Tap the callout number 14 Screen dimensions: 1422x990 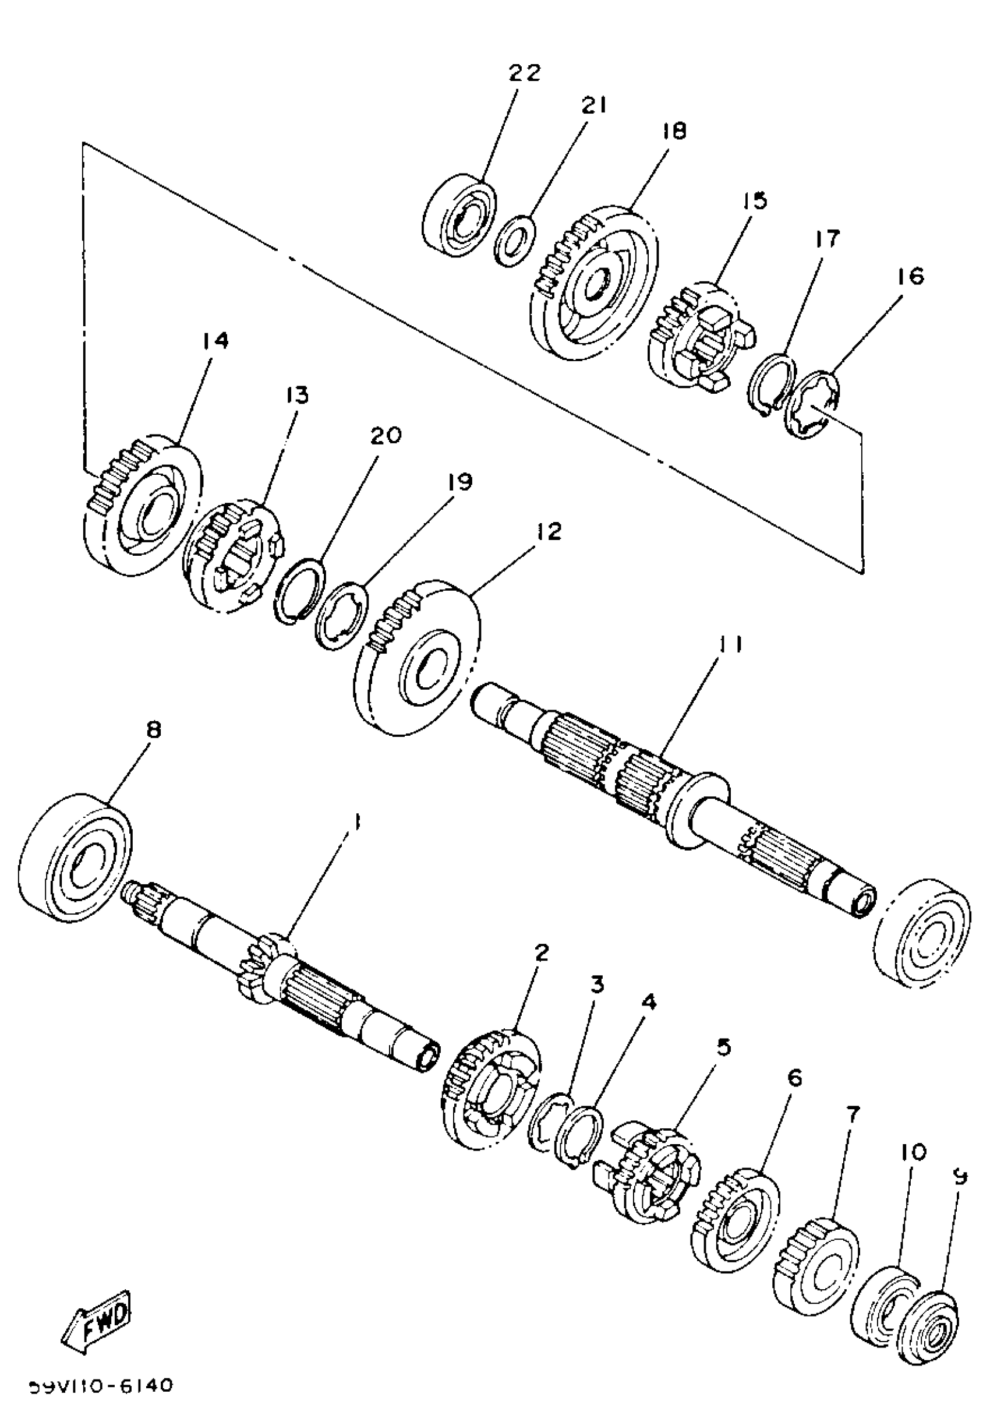(x=214, y=341)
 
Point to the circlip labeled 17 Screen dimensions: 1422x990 (x=771, y=385)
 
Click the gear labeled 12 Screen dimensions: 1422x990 (x=419, y=658)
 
